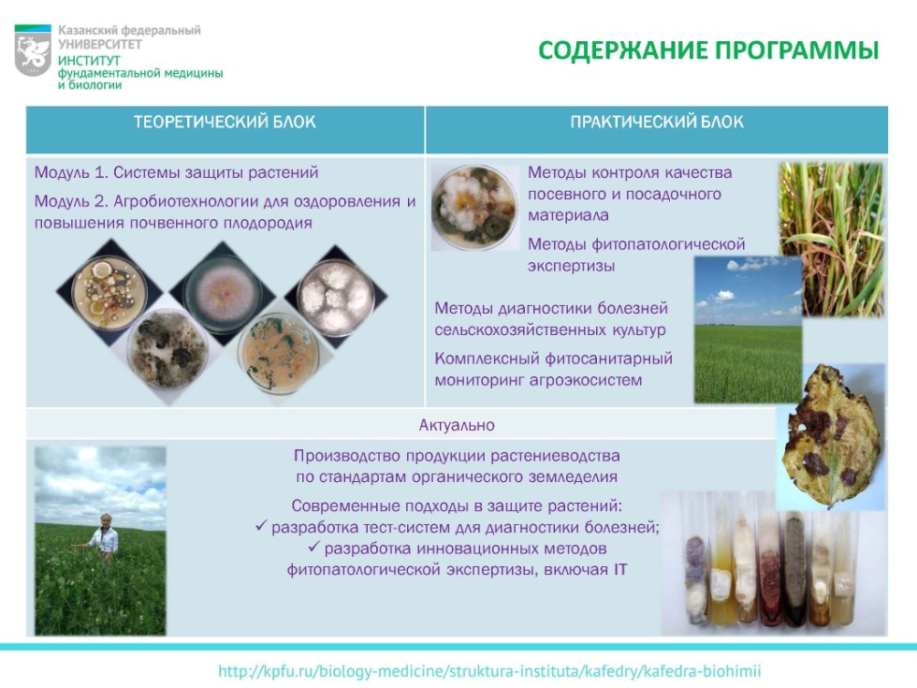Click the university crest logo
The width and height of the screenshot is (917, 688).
point(33,51)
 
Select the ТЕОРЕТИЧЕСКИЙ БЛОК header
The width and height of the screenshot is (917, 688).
point(225,123)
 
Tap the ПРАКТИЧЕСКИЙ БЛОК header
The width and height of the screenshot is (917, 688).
point(657,123)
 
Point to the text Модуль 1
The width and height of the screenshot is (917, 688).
point(70,173)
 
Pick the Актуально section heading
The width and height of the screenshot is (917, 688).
point(457,426)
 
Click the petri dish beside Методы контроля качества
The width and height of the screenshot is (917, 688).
point(474,208)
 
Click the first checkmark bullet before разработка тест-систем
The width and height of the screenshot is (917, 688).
point(261,527)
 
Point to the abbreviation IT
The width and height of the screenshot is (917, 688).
point(619,568)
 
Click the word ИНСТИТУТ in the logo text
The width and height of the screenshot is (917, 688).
point(84,59)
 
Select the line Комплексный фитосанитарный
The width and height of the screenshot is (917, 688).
point(553,359)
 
